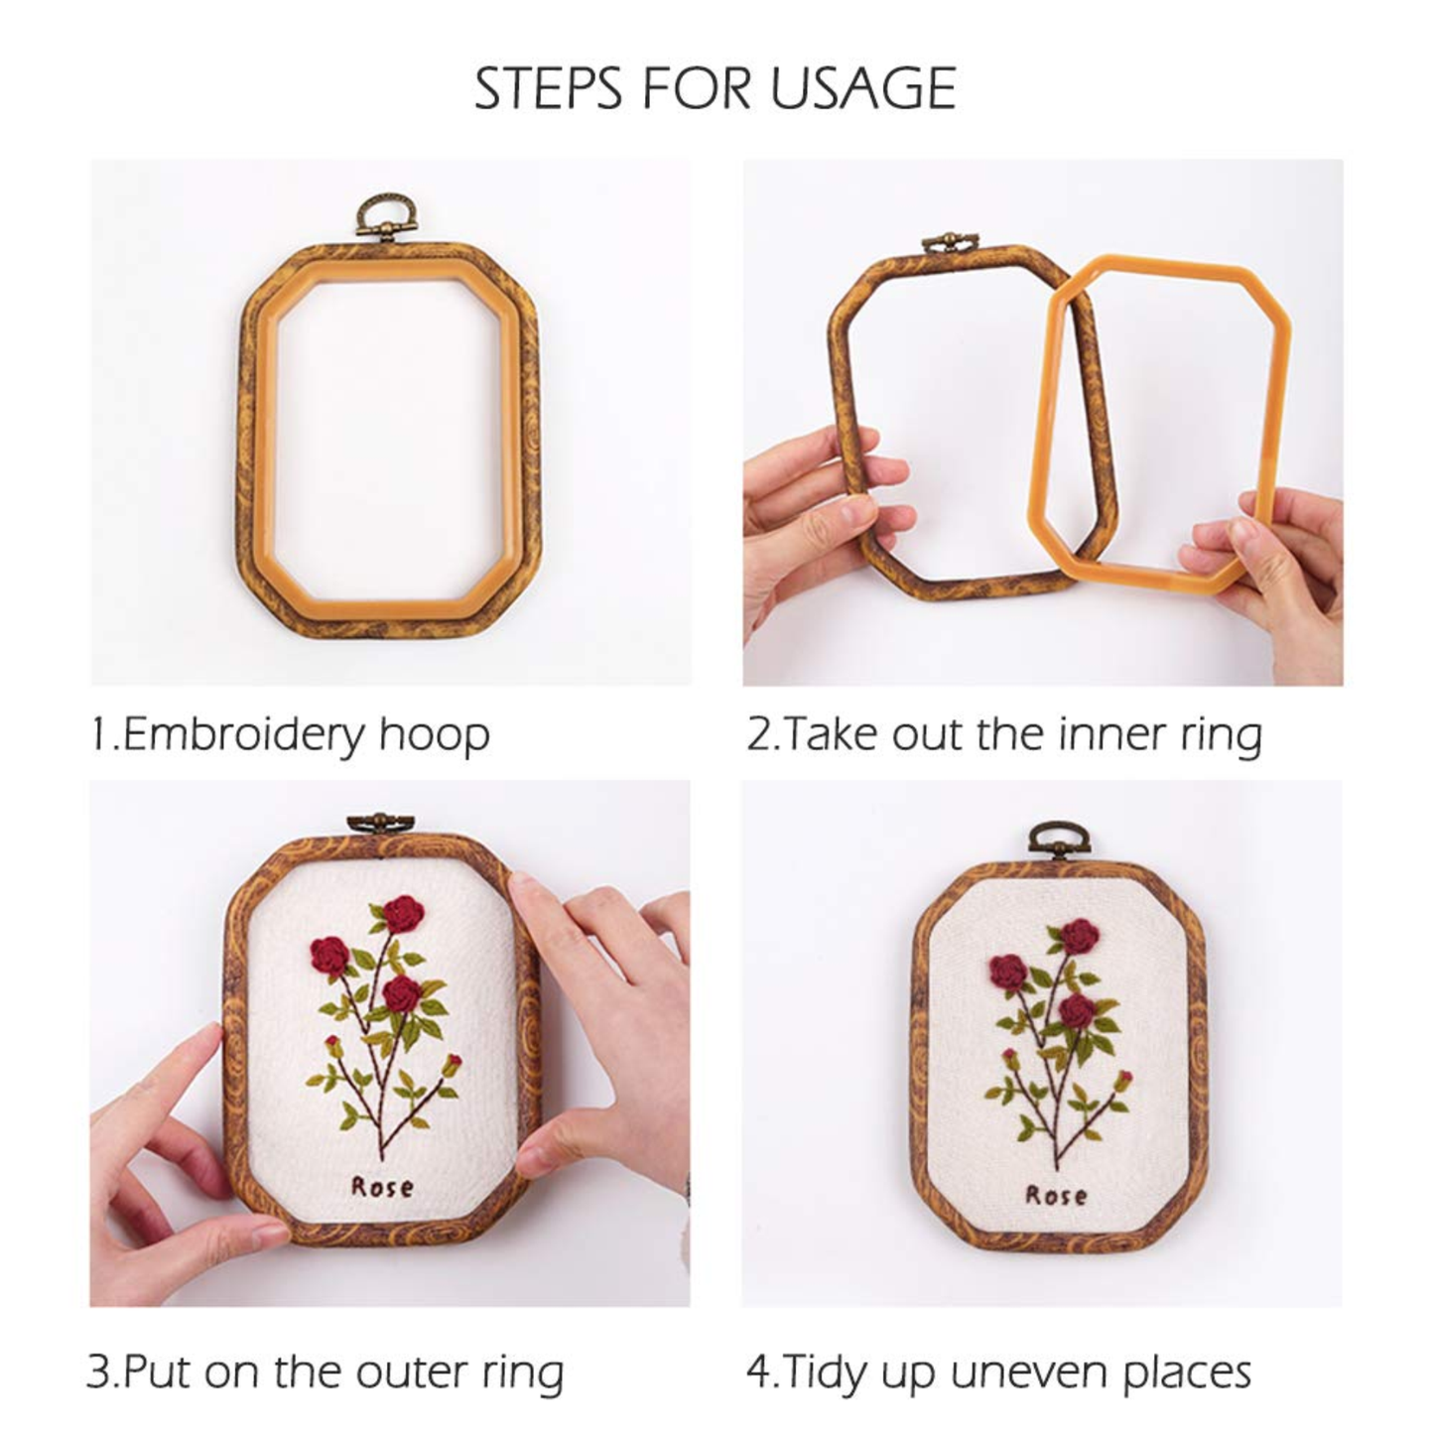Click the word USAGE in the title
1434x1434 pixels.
(x=862, y=88)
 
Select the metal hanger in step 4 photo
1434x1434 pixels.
(x=1057, y=842)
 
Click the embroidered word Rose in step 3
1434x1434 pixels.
(x=382, y=1186)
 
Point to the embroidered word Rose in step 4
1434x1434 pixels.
(x=1056, y=1195)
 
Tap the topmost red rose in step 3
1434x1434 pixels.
(x=404, y=914)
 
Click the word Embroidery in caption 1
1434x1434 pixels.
(x=242, y=735)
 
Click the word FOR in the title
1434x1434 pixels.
(x=697, y=88)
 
